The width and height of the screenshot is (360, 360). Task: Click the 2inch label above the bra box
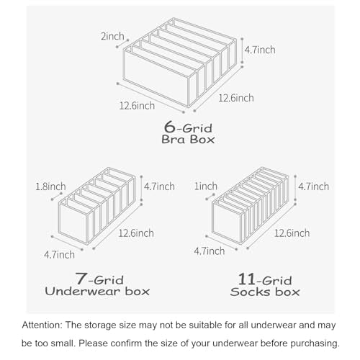point(112,36)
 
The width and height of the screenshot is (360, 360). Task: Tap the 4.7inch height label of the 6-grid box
point(260,50)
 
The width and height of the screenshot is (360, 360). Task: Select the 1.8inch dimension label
point(50,186)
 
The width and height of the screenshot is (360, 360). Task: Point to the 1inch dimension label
point(206,186)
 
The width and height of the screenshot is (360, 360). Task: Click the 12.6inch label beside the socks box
point(292,233)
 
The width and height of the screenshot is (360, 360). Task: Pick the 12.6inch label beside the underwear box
point(136,233)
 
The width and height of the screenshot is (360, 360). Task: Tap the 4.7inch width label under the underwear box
point(59,255)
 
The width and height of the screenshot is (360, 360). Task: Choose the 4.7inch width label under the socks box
point(210,251)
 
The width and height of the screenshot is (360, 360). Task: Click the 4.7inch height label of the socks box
point(313,186)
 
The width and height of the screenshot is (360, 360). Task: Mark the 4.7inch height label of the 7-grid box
point(159,186)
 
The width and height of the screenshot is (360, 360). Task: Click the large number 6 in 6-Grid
point(170,127)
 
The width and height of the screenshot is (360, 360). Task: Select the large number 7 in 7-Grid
point(81,278)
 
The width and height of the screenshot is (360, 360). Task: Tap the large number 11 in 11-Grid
point(246,279)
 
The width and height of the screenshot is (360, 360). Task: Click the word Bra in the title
point(174,140)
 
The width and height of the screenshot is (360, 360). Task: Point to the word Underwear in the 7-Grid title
point(82,292)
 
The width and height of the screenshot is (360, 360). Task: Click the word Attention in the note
point(42,325)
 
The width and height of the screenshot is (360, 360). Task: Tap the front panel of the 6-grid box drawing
point(156,78)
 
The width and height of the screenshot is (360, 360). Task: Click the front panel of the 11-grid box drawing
point(227,222)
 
